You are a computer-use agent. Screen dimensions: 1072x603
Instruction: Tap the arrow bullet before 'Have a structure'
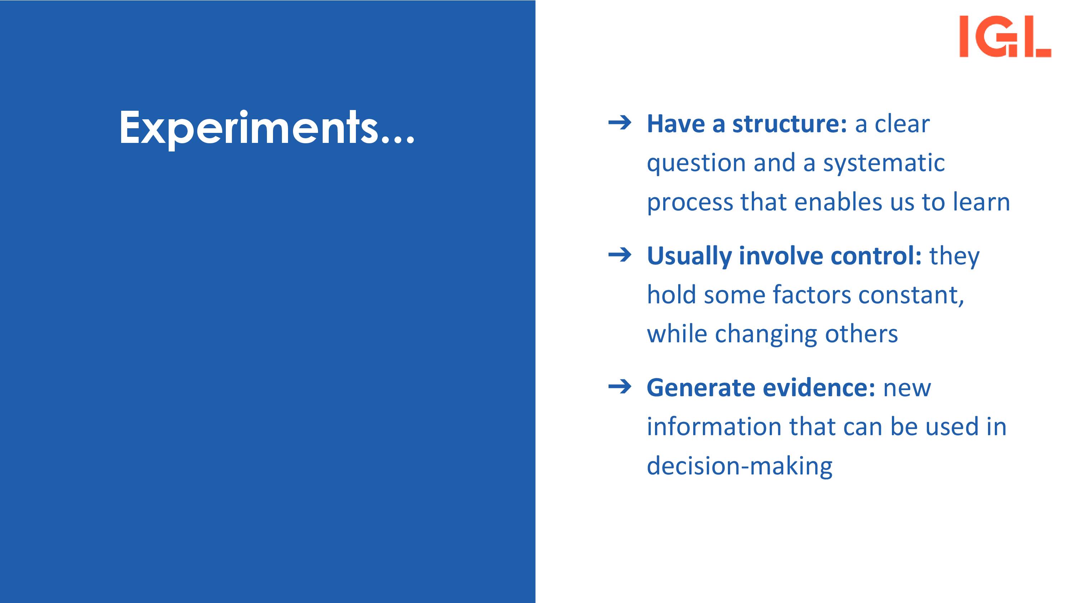pyautogui.click(x=620, y=123)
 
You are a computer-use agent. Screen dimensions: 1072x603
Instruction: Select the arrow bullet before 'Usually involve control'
pyautogui.click(x=620, y=255)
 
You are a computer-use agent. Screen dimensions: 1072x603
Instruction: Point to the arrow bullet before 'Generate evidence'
pyautogui.click(x=620, y=387)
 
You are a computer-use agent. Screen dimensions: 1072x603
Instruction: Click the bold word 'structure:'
pyautogui.click(x=789, y=124)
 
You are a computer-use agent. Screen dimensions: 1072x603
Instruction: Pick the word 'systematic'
pyautogui.click(x=884, y=163)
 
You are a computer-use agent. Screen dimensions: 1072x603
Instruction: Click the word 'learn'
pyautogui.click(x=986, y=202)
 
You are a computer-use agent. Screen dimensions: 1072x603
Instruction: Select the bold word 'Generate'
pyautogui.click(x=701, y=388)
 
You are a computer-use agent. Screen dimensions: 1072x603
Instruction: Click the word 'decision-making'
pyautogui.click(x=739, y=467)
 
